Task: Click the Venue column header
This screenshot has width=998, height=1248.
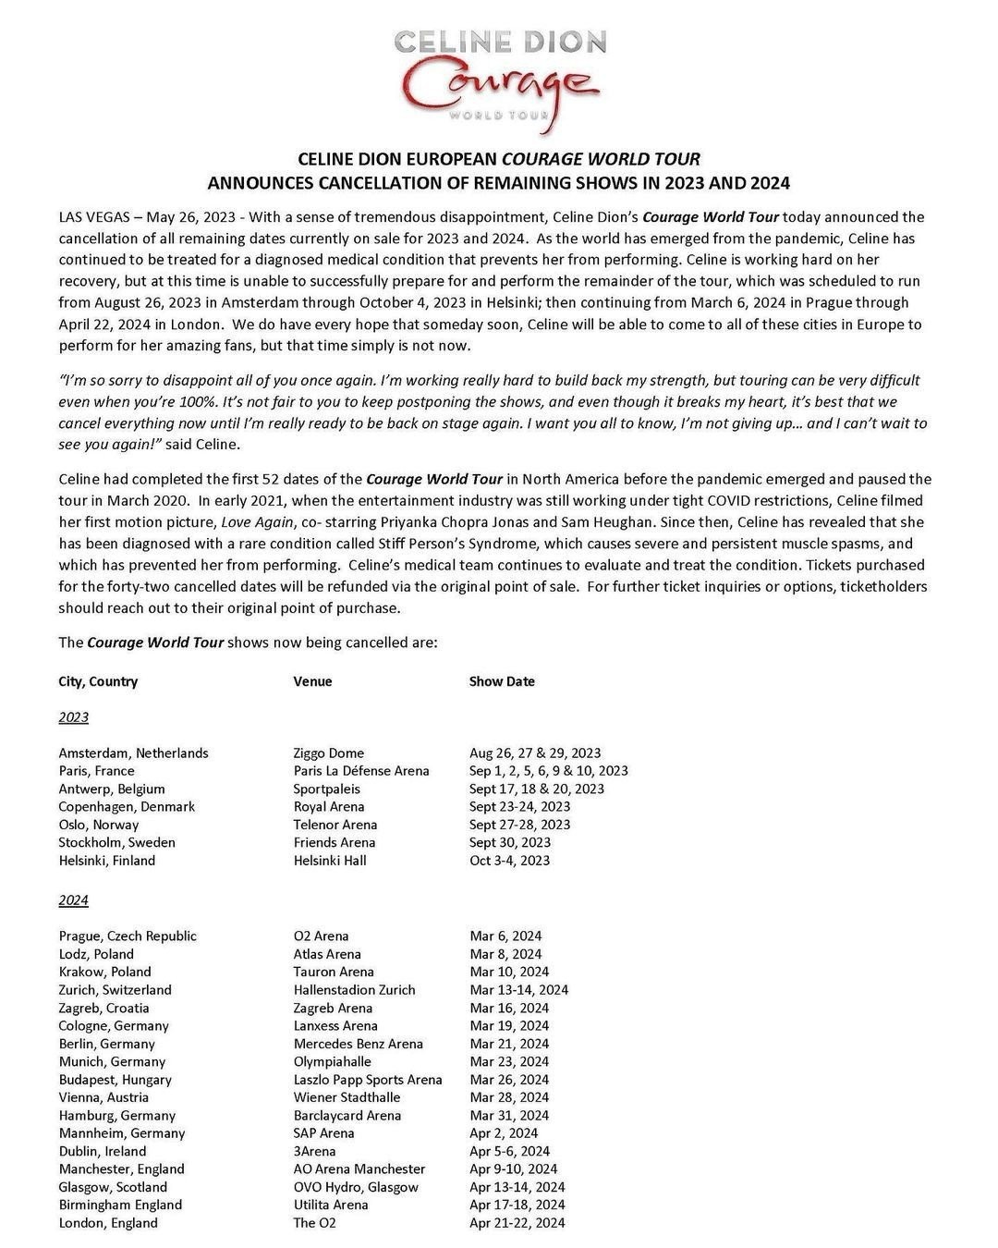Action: [x=312, y=681]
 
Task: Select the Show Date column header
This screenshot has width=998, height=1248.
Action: [x=502, y=681]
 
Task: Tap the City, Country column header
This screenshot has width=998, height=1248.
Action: [x=98, y=681]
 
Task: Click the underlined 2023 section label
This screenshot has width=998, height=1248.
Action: [x=74, y=717]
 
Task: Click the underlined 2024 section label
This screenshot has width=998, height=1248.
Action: [x=74, y=900]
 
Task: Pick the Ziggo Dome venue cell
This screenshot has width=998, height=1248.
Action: [x=329, y=753]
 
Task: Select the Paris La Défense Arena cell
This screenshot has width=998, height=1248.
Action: [x=361, y=771]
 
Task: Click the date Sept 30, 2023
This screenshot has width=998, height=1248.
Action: [x=510, y=842]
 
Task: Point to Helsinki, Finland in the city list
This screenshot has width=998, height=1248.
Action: [x=107, y=861]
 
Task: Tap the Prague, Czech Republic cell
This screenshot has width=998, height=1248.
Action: [x=128, y=936]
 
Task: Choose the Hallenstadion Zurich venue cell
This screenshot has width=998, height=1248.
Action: [x=355, y=990]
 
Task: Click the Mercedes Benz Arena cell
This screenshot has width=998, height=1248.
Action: [x=359, y=1044]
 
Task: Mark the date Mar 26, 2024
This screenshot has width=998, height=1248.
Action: [x=509, y=1080]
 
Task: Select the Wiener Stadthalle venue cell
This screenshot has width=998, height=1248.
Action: [x=347, y=1097]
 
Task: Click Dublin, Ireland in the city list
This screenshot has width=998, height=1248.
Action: [x=103, y=1151]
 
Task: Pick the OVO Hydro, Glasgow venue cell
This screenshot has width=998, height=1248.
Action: [x=356, y=1187]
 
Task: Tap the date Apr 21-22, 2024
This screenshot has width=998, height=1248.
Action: [x=517, y=1223]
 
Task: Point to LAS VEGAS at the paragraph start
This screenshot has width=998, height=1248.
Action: [x=91, y=217]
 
